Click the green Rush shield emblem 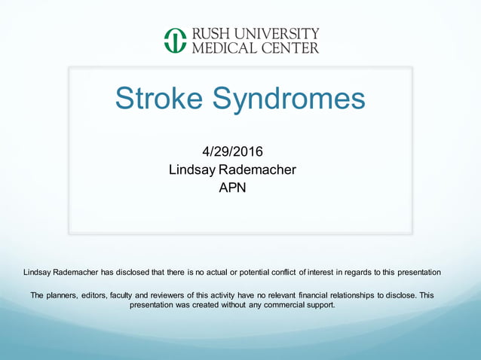175,41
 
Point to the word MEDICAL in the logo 224,48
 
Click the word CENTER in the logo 290,48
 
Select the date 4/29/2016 232,152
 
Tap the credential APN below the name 232,187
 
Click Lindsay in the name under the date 193,169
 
